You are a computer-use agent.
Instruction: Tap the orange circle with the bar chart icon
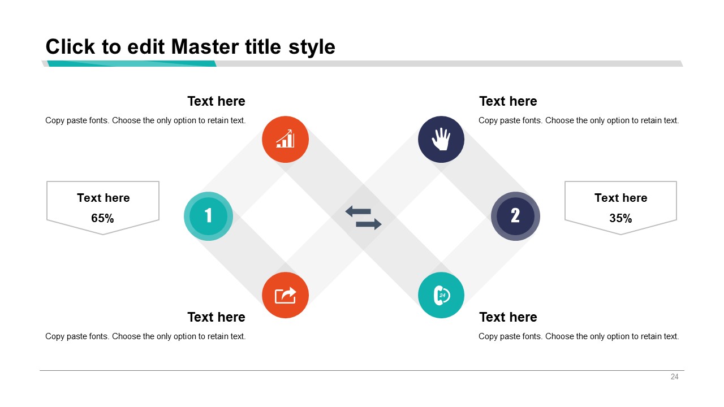point(285,139)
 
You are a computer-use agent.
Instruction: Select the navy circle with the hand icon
point(441,139)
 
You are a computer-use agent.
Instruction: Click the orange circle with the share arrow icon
point(285,295)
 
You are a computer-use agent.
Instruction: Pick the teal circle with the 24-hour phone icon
point(441,295)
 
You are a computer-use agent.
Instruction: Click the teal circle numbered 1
point(208,216)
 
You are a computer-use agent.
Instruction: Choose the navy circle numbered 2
point(515,216)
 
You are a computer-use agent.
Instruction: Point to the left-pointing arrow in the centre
point(358,211)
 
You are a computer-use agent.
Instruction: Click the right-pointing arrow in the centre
point(368,224)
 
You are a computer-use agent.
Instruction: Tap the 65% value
point(102,218)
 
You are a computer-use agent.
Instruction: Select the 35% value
point(620,218)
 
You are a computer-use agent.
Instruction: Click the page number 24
point(675,376)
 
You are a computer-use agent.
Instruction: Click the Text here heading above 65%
point(103,198)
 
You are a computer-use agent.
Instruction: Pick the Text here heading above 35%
point(620,198)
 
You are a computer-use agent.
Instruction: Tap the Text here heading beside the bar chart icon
point(216,101)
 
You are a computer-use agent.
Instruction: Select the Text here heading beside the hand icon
point(508,101)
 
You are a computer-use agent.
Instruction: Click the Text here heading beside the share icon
point(216,317)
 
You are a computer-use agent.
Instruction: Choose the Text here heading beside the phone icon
point(508,317)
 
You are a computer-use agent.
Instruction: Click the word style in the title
point(312,47)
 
